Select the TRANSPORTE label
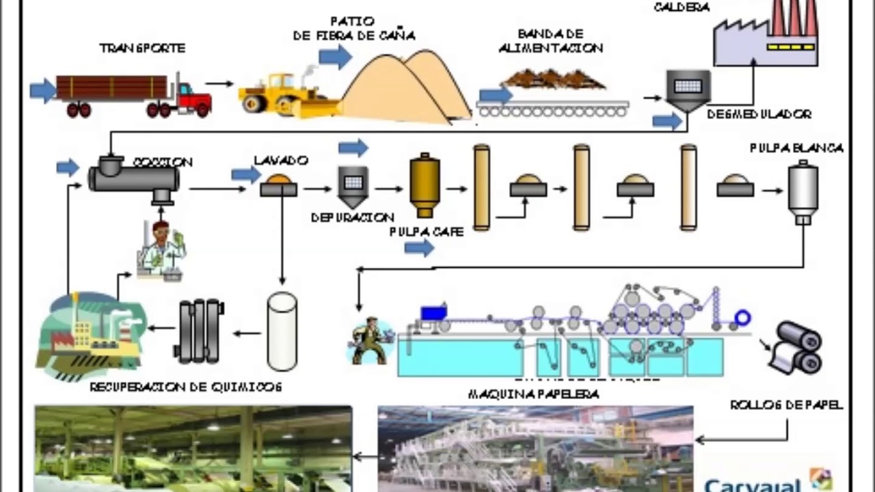pos(142,49)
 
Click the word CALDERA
pos(682,8)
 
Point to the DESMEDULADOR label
pos(759,114)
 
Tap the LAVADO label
pos(280,161)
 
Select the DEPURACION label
pos(353,217)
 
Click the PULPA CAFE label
pos(427,232)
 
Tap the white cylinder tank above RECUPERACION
pos(282,331)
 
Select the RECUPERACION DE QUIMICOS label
pos(186,387)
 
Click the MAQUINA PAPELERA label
pos(533,394)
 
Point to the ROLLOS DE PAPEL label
pos(786,405)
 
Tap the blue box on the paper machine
pos(433,313)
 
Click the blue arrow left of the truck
pos(42,90)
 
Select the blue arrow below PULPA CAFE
pos(419,248)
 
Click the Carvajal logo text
pos(752,484)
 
